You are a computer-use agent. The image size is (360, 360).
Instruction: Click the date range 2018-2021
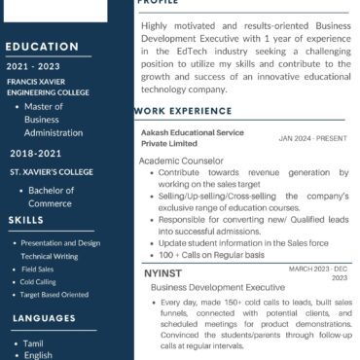pos(35,154)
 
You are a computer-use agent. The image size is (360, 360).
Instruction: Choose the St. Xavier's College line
pos(51,171)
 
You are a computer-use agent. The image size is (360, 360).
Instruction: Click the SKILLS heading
pos(25,221)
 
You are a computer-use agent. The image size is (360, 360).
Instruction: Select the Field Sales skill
pos(38,269)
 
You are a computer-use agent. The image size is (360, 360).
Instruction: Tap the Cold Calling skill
pos(40,281)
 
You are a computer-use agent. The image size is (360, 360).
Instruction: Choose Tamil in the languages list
pos(34,343)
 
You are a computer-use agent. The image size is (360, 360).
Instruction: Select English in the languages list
pos(39,355)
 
